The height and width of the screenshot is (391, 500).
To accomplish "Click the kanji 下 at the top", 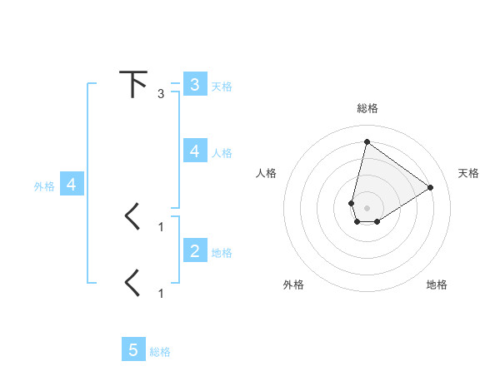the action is point(133,85).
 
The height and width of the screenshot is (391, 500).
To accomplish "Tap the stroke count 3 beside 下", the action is point(161,94).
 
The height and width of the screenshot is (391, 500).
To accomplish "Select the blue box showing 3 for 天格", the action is point(194,85).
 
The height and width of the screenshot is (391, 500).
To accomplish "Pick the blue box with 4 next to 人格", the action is point(194,151).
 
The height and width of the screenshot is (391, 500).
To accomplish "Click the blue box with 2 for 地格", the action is point(194,250).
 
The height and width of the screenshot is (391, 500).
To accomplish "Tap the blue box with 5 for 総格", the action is point(133,350).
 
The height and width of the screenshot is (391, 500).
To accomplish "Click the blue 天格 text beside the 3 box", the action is point(222,86).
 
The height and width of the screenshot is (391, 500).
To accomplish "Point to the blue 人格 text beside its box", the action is point(222,152).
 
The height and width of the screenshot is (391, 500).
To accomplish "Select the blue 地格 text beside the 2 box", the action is point(222,252).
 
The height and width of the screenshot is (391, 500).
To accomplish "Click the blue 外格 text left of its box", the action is point(44,186).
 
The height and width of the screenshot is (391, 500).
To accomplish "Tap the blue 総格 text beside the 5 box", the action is point(160,352).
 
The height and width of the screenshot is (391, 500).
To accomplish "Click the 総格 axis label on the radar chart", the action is point(367,108).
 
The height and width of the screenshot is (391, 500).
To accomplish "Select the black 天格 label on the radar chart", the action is point(468,173).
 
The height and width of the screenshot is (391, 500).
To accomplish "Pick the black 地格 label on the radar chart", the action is point(437,285).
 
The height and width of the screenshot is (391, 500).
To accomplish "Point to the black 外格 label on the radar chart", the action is point(293,285).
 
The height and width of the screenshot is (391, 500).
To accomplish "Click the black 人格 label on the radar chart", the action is point(266,173).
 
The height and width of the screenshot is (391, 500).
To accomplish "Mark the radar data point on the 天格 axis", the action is point(430,187).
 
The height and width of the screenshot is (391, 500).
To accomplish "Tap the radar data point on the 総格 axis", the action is point(367,141).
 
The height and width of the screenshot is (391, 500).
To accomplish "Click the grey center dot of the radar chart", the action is point(367,207).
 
